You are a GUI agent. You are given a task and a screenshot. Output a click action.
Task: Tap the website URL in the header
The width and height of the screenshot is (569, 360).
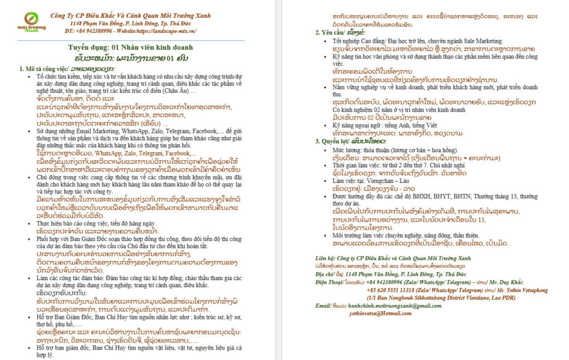click(x=169, y=31)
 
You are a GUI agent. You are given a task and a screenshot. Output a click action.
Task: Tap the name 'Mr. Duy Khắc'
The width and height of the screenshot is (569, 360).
click(x=506, y=282)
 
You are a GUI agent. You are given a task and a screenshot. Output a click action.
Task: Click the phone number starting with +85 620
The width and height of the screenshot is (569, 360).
click(x=392, y=289)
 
